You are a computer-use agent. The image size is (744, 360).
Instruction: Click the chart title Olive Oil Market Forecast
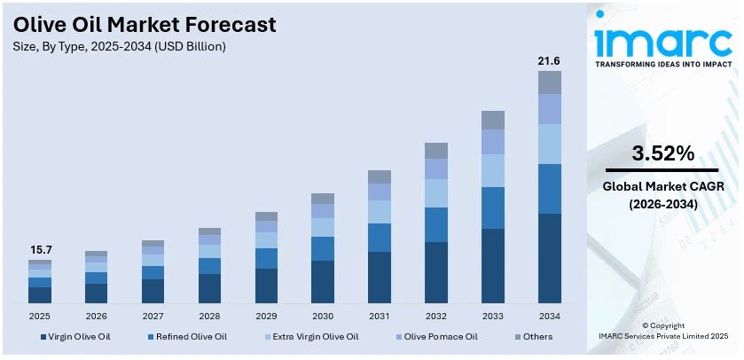145,24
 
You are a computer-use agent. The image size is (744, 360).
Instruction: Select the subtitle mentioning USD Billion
120,46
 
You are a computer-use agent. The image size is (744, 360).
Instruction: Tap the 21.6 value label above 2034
549,60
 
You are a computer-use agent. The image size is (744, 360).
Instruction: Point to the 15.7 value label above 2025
39,250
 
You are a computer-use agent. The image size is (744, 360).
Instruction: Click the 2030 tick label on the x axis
323,316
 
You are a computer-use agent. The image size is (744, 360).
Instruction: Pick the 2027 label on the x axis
153,316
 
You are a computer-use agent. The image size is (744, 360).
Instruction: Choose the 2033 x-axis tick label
492,316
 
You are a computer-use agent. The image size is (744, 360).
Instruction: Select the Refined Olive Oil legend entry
187,337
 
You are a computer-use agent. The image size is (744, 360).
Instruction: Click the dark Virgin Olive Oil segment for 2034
549,258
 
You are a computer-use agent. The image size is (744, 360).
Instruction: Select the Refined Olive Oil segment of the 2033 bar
492,207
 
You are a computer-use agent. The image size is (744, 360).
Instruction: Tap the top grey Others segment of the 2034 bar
549,82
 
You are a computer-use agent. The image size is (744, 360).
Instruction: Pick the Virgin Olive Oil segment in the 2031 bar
380,277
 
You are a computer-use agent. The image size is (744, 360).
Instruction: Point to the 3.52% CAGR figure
662,153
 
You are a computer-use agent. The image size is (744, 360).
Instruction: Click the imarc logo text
663,39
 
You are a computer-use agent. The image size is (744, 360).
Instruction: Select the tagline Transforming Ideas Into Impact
663,65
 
